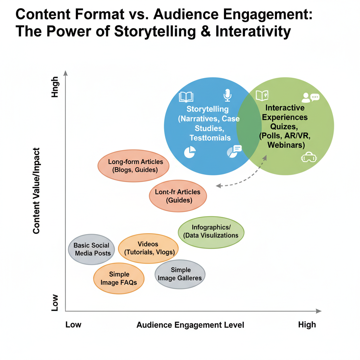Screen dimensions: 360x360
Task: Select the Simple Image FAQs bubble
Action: coord(119,278)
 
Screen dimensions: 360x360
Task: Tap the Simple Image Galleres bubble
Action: coord(180,274)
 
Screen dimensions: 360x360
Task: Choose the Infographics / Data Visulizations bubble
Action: coord(211,232)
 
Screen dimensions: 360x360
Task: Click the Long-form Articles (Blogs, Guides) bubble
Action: coord(133,166)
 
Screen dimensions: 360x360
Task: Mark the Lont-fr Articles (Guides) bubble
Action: coord(178,196)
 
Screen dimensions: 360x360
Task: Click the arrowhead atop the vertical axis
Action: coord(65,73)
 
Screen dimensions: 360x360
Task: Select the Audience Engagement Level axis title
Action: coord(190,325)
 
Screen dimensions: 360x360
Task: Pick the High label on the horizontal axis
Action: coord(307,324)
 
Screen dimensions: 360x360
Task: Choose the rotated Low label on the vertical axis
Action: coord(55,303)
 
